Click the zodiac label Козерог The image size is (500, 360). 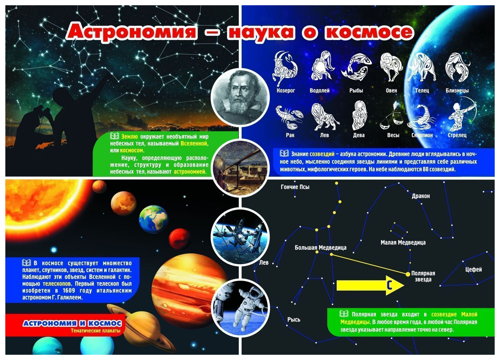286,91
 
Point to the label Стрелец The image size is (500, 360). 457,135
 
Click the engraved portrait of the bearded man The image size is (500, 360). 240,98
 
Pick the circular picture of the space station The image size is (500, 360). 240,237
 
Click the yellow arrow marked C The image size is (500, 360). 370,285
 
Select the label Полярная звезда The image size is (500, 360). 423,276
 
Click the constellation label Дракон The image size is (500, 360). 421,196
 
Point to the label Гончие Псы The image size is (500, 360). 295,187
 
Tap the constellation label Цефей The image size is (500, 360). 473,269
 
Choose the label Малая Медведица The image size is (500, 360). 403,242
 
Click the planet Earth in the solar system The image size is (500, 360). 153,219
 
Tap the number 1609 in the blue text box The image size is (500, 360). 69,290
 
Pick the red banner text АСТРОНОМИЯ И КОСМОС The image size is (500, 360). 72,323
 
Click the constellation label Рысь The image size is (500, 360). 294,320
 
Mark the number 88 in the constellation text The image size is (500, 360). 426,169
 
